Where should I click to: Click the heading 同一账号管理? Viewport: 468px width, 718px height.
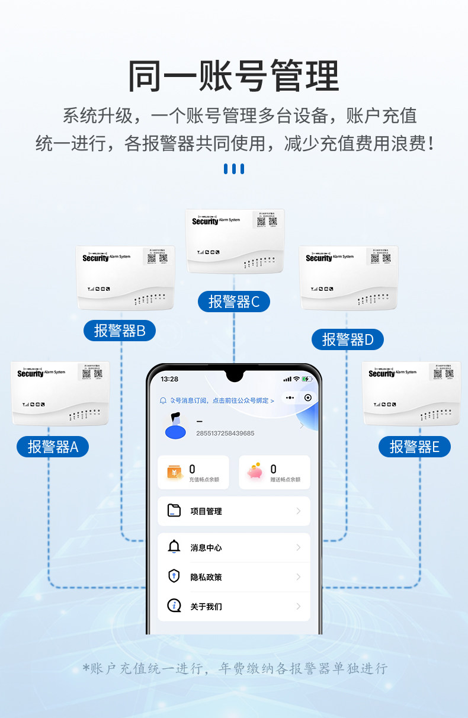[233, 75]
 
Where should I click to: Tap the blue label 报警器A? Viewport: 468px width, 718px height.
[53, 447]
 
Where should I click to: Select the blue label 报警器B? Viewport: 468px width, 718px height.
[120, 331]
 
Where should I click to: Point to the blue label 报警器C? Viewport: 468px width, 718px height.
[234, 302]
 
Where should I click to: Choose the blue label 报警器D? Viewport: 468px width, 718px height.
[348, 339]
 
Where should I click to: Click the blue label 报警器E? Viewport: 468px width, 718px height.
[415, 447]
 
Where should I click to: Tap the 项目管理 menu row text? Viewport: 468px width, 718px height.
[206, 511]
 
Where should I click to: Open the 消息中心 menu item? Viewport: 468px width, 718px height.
[206, 548]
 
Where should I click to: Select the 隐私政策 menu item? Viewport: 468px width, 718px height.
[206, 577]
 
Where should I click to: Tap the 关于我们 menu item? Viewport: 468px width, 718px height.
[206, 607]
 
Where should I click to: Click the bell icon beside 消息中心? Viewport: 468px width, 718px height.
[174, 547]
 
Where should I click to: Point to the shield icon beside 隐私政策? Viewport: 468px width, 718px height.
[174, 576]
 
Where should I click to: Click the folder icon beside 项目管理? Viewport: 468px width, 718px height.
[174, 511]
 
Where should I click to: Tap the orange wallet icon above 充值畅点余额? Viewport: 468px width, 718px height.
[175, 473]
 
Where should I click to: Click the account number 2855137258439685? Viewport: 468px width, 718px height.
[225, 434]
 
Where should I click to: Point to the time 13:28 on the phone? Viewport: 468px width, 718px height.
[169, 379]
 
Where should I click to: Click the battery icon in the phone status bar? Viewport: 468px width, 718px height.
[306, 379]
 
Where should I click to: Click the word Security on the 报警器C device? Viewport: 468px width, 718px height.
[205, 222]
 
